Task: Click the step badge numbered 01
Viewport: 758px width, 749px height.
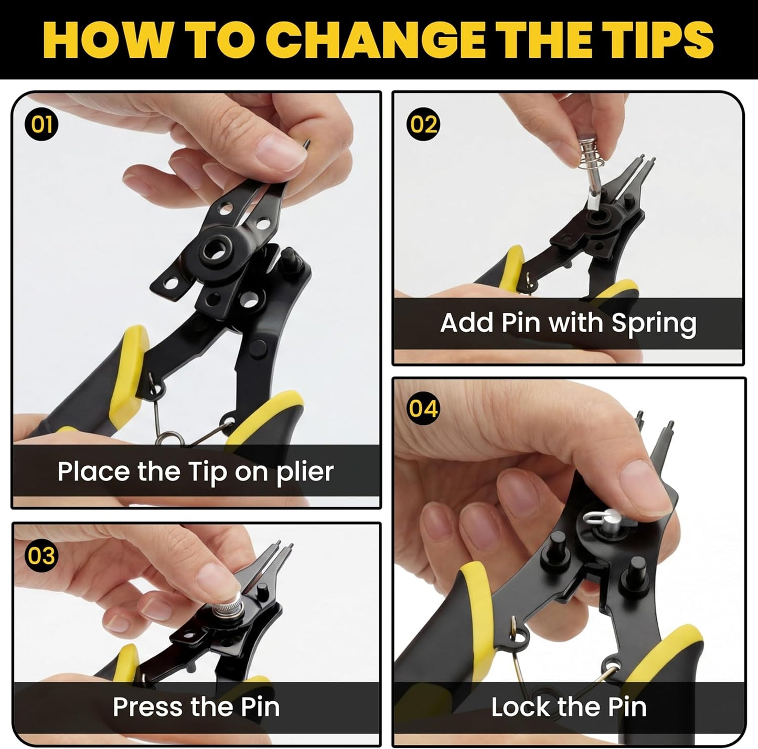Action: tap(41, 125)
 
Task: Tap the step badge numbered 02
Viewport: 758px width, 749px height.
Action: tap(423, 125)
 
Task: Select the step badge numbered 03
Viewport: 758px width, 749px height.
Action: tap(41, 556)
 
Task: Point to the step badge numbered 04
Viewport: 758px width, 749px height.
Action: tap(423, 408)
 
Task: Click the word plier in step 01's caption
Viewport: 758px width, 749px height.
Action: tap(305, 472)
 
